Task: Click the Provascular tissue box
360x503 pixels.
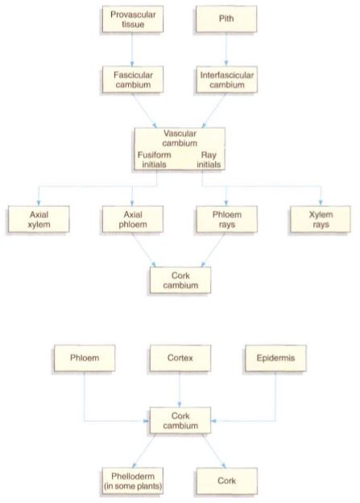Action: point(133,19)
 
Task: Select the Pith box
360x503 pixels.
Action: point(226,19)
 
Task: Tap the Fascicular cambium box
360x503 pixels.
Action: point(133,80)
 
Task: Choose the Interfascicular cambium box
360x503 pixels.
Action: point(227,80)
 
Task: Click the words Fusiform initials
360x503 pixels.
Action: point(154,159)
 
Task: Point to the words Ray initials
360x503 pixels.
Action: point(209,159)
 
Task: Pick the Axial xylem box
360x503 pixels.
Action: point(39,219)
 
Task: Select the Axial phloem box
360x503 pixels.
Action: point(133,219)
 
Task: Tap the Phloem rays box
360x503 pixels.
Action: point(227,219)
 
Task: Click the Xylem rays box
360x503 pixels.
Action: point(321,219)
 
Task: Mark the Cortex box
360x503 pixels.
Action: point(180,358)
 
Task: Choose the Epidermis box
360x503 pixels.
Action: point(275,358)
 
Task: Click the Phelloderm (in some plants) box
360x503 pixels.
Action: point(133,480)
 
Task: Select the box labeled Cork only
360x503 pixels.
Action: point(227,480)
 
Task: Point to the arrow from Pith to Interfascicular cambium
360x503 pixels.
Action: point(226,49)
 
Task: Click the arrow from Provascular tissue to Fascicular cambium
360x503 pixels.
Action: point(132,49)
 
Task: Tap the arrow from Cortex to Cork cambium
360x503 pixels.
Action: point(180,390)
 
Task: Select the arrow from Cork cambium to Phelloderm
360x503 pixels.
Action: point(143,451)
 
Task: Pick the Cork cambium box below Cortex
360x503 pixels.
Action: point(180,421)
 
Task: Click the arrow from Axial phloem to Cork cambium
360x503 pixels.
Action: point(144,249)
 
